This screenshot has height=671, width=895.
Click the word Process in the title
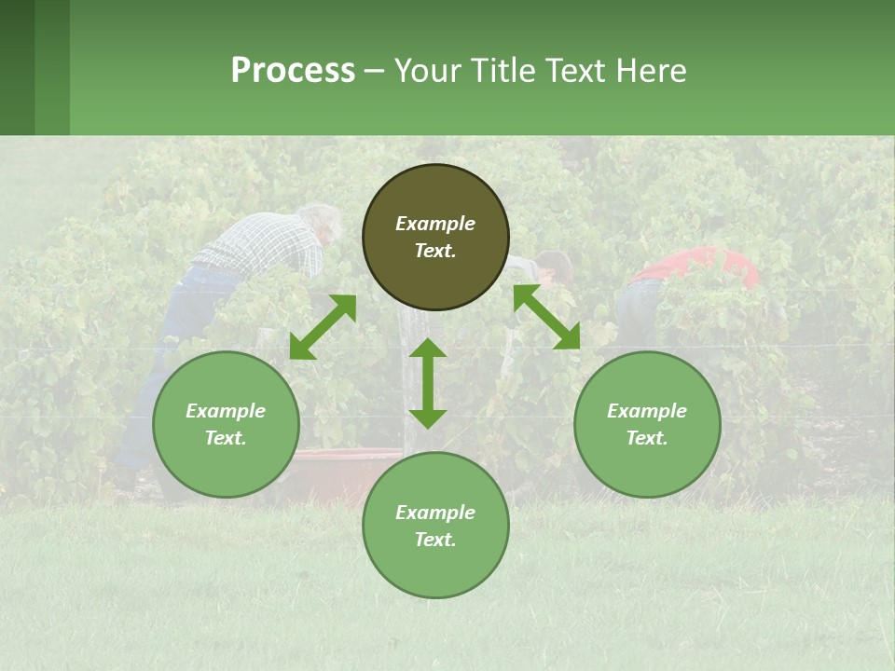[x=293, y=71]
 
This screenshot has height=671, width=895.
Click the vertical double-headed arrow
[x=428, y=383]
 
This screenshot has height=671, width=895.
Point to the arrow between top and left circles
[x=323, y=326]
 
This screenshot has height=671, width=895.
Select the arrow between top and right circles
[x=546, y=317]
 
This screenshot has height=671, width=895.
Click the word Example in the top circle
[x=435, y=224]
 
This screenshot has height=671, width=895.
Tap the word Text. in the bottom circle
[x=435, y=540]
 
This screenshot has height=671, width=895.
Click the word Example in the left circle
[x=226, y=411]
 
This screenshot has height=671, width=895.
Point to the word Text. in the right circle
[x=647, y=438]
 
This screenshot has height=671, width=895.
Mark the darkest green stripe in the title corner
[x=17, y=67]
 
